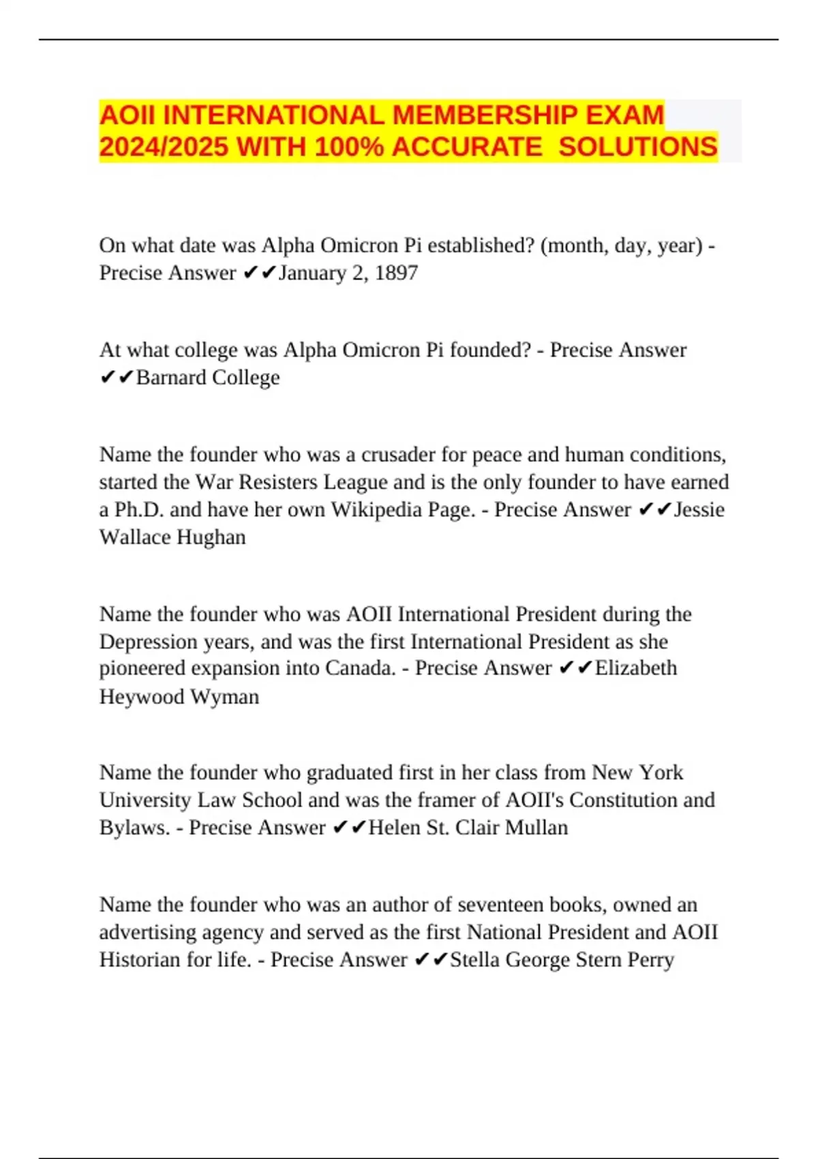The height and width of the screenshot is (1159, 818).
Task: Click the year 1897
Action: pyautogui.click(x=396, y=273)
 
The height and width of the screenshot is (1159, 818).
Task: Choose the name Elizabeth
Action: pyautogui.click(x=636, y=668)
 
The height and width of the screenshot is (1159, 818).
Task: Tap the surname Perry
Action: pyautogui.click(x=650, y=960)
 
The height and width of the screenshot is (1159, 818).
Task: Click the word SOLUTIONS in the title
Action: pyautogui.click(x=638, y=147)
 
